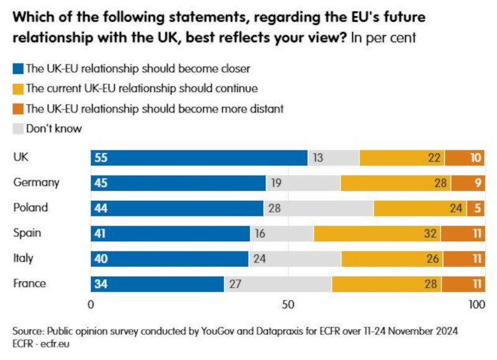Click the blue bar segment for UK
point(199,158)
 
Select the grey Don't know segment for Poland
point(318,208)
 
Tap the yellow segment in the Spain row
point(377,234)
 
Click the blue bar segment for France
point(158,284)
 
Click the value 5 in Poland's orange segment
point(477,208)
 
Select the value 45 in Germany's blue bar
point(101,183)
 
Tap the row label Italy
point(23,258)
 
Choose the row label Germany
point(36,183)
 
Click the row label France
point(30,284)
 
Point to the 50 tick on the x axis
point(288,305)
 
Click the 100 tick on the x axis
point(476,305)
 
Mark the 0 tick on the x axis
point(91,305)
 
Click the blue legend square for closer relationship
point(17,68)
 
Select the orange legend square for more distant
point(17,109)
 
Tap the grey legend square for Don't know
point(17,129)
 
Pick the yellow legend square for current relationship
point(17,89)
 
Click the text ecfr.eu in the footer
point(56,343)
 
